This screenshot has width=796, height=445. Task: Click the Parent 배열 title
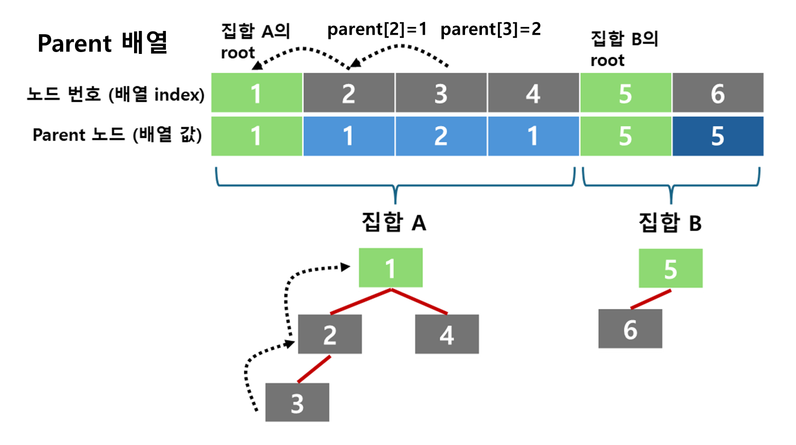tap(102, 43)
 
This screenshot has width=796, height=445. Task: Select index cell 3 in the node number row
tap(441, 93)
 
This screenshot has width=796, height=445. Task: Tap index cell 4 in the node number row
tap(533, 93)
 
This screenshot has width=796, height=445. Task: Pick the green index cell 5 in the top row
tap(625, 93)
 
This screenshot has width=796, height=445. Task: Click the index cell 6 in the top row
tap(718, 93)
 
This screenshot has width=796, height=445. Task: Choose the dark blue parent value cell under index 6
tap(718, 136)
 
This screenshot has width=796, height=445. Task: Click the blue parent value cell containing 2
tap(441, 136)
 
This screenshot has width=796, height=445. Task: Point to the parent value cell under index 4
tap(533, 136)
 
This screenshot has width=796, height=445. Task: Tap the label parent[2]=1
tap(377, 30)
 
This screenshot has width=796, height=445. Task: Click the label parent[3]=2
tap(490, 30)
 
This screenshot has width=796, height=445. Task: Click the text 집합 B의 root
tap(624, 49)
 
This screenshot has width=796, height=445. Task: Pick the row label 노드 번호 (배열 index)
tap(115, 94)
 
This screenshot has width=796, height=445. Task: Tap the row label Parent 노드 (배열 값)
tap(117, 135)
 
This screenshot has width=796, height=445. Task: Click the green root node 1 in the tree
tap(390, 268)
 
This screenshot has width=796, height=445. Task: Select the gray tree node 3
tap(297, 402)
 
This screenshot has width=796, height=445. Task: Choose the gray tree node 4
tap(447, 334)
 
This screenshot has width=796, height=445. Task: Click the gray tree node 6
tap(630, 329)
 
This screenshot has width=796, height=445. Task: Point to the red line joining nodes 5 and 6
tap(651, 299)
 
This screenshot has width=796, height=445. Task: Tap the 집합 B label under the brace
tap(670, 222)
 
